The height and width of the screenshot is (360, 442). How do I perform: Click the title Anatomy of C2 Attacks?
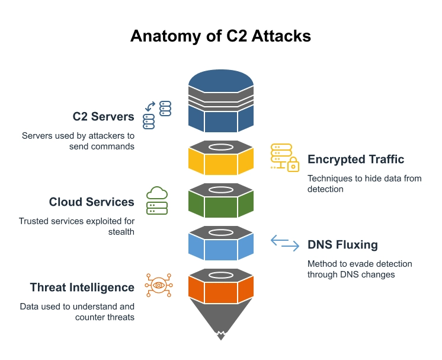(220, 36)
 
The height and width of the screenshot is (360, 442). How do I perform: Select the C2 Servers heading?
(103, 116)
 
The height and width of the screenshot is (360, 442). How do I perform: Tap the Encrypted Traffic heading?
(355, 159)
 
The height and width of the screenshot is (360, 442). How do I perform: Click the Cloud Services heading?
(91, 202)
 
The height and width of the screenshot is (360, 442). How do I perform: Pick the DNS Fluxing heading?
(342, 244)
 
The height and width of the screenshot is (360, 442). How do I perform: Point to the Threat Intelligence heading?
(82, 287)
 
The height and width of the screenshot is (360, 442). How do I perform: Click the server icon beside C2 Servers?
(157, 115)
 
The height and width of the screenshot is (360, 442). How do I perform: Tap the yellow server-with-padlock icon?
(284, 158)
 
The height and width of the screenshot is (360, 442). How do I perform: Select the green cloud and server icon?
(157, 200)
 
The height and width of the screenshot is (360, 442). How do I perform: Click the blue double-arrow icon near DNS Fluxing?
(285, 243)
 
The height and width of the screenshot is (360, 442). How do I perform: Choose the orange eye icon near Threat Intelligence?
(158, 286)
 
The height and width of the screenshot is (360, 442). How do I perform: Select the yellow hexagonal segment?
(221, 160)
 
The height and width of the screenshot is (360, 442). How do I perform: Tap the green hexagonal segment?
(221, 203)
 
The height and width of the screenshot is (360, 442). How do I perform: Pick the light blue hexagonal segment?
(221, 246)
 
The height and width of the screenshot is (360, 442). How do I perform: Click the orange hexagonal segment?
(221, 289)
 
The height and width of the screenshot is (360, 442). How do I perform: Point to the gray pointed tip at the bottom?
(221, 323)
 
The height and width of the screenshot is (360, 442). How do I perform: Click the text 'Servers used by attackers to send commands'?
(78, 141)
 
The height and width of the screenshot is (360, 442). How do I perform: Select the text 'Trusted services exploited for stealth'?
(76, 226)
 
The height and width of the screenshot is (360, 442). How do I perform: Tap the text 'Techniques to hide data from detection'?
(364, 183)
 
